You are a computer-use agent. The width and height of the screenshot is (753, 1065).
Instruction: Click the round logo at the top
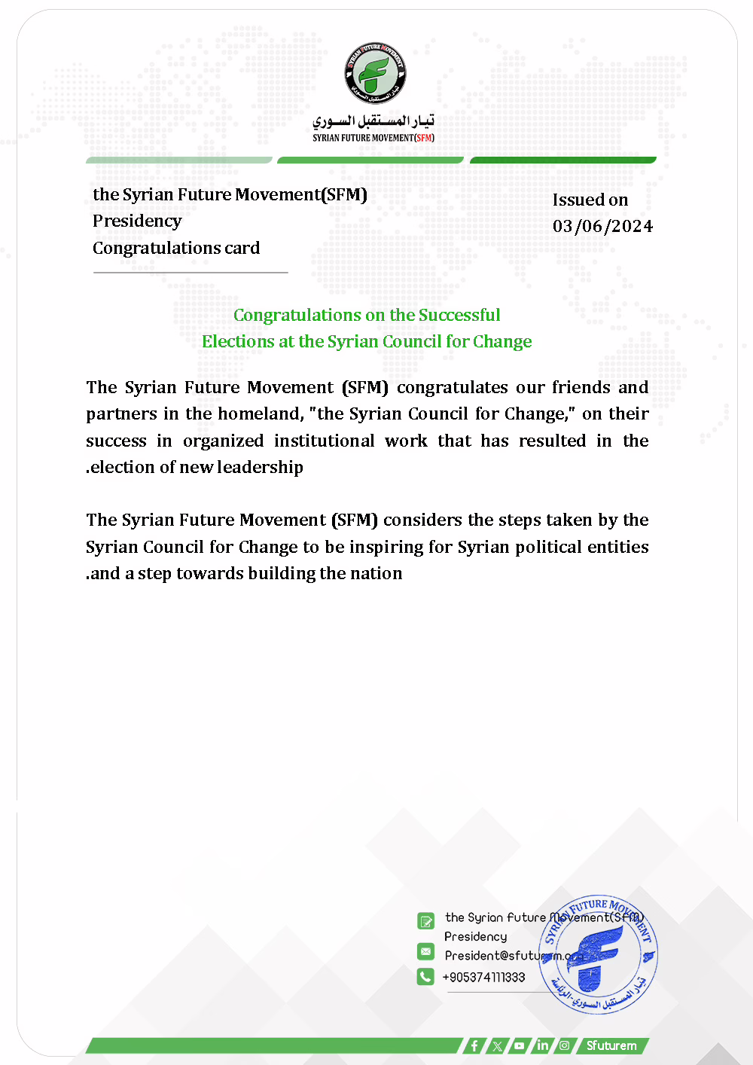click(x=376, y=73)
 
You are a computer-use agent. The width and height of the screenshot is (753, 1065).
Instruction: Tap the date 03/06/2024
click(x=602, y=226)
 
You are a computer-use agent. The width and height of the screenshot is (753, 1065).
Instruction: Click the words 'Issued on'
click(x=590, y=200)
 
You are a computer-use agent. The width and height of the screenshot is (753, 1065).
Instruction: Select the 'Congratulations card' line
click(x=176, y=248)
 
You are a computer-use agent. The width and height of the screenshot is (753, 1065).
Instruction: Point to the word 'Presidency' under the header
click(x=137, y=221)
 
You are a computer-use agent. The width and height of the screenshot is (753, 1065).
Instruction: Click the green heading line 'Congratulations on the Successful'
click(x=367, y=315)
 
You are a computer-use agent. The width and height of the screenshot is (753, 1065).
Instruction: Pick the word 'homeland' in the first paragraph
click(x=260, y=413)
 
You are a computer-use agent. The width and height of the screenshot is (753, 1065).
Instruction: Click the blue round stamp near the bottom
click(x=598, y=954)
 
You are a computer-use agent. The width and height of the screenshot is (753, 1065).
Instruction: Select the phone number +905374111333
click(x=483, y=977)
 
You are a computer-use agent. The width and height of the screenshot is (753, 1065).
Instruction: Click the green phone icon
click(x=425, y=976)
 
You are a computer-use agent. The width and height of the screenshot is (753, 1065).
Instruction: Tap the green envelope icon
click(x=425, y=951)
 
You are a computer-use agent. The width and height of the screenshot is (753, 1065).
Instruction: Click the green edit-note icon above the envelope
click(x=425, y=920)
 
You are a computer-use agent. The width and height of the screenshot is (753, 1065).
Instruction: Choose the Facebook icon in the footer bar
click(x=474, y=1045)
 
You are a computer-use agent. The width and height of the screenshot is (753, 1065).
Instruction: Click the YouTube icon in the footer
click(x=520, y=1045)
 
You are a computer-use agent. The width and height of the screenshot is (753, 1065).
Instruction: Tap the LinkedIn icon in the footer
click(x=542, y=1045)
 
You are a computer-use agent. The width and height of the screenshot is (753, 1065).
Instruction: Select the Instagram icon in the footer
click(x=564, y=1045)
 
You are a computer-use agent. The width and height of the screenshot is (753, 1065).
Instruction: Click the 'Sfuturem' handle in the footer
click(x=611, y=1045)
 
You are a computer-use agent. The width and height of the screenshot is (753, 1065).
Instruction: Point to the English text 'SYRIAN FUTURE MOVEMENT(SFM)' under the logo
click(x=373, y=138)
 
